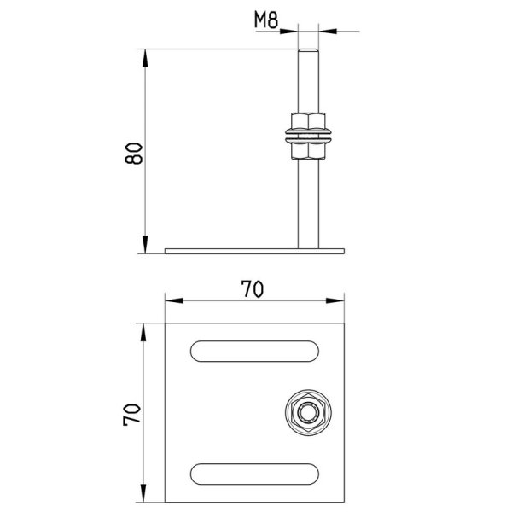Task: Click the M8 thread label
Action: pyautogui.click(x=266, y=20)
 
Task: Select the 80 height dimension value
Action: pyautogui.click(x=134, y=153)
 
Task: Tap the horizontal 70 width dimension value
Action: pyautogui.click(x=252, y=289)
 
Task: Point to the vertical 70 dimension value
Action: pyautogui.click(x=132, y=415)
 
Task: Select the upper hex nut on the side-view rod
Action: pyautogui.click(x=308, y=120)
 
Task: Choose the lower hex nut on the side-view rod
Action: pyautogui.click(x=308, y=151)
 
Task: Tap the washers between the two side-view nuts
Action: pyautogui.click(x=308, y=137)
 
